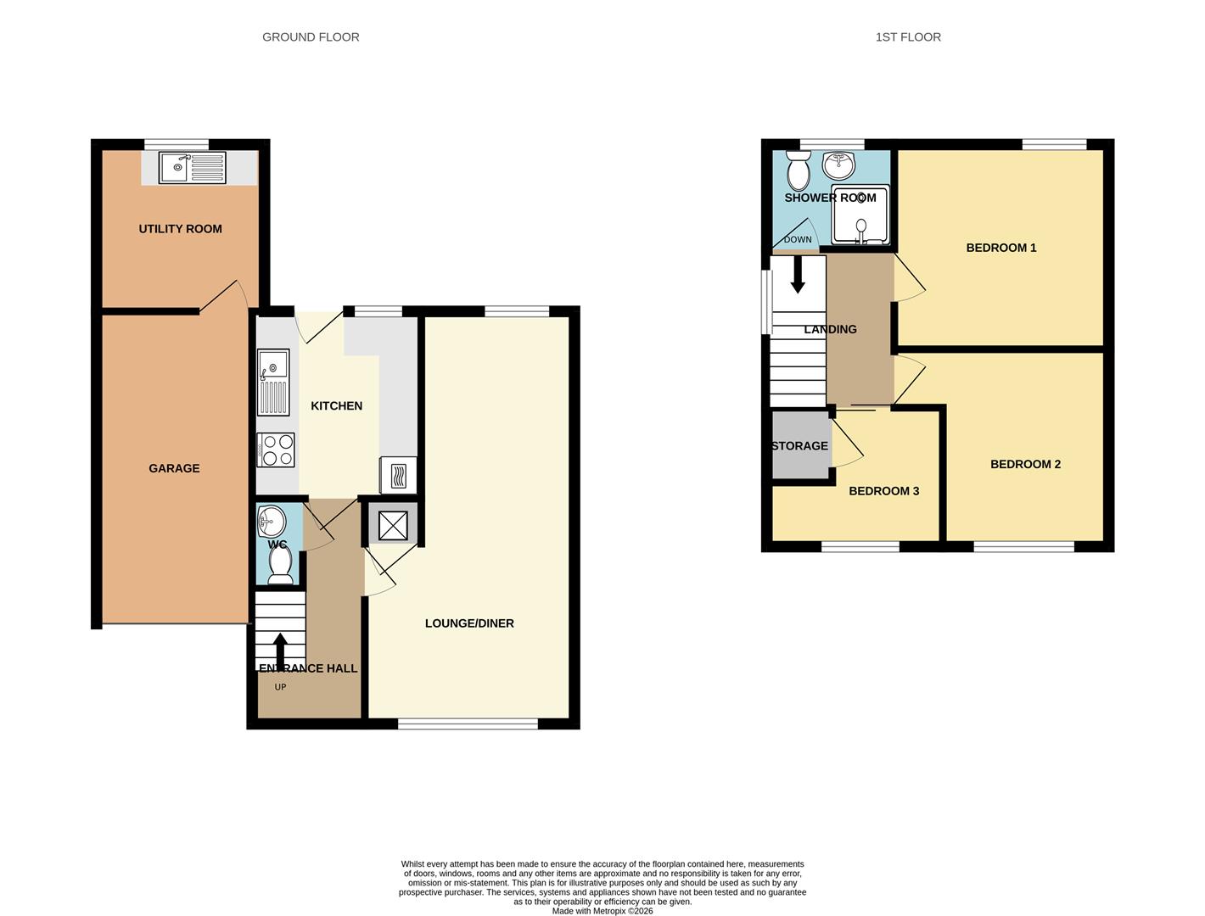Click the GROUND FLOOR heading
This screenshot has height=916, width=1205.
tap(311, 37)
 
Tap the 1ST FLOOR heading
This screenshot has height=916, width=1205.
tap(908, 37)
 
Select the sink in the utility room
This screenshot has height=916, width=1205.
tap(192, 168)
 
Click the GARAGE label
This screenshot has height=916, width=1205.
tap(174, 468)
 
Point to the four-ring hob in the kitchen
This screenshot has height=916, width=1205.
tap(276, 450)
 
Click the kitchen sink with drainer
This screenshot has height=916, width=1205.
tap(273, 383)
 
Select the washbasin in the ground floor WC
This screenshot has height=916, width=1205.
tap(272, 520)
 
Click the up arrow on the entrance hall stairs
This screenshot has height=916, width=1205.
tap(280, 652)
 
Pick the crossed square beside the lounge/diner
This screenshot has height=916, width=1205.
tap(393, 526)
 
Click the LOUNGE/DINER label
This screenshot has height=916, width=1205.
tap(469, 623)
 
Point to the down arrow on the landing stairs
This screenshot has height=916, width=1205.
tap(797, 274)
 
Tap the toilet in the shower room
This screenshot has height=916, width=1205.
tap(799, 170)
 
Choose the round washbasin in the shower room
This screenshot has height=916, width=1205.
tap(839, 165)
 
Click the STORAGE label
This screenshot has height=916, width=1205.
tap(799, 446)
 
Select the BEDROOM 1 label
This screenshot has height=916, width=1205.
tap(1000, 248)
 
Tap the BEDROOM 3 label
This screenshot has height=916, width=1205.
tap(883, 491)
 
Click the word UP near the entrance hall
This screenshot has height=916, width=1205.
tap(280, 687)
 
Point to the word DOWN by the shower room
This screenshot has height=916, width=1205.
tap(797, 240)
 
